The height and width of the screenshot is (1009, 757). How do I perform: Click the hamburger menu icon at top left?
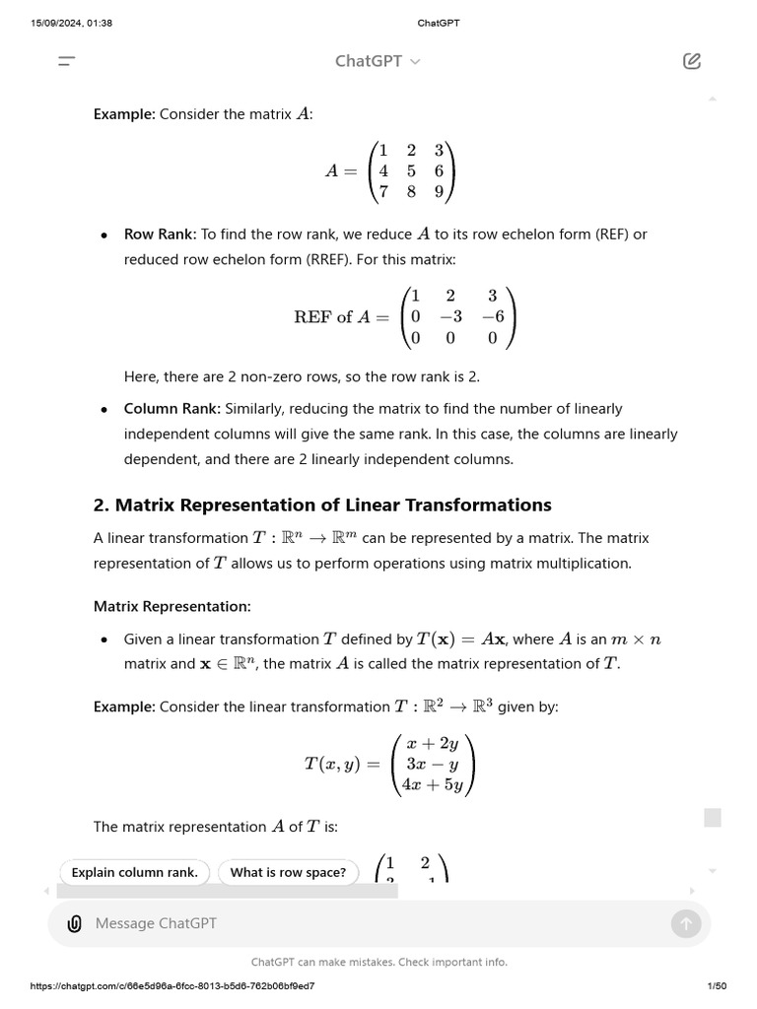click(x=67, y=61)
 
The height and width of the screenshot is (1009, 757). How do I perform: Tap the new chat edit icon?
click(x=691, y=61)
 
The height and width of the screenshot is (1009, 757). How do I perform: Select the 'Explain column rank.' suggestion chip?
click(x=135, y=872)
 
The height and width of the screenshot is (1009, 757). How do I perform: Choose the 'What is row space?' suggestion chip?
click(x=288, y=872)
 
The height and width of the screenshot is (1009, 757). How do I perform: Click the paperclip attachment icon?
click(x=74, y=923)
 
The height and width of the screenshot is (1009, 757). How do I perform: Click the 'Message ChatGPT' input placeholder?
click(x=156, y=923)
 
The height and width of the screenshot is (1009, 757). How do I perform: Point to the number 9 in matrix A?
click(x=439, y=192)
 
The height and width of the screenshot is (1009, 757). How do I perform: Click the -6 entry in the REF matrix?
click(x=493, y=316)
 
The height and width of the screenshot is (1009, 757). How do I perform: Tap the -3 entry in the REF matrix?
click(x=450, y=316)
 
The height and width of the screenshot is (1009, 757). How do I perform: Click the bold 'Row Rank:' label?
click(x=160, y=235)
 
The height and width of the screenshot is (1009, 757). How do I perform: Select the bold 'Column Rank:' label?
click(x=172, y=408)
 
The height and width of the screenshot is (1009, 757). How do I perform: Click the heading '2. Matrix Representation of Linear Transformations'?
click(x=322, y=504)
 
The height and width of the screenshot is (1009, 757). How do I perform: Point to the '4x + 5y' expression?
click(x=434, y=785)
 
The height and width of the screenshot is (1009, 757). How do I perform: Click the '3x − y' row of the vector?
click(x=434, y=764)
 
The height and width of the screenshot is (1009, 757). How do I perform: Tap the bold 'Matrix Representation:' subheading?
click(x=172, y=606)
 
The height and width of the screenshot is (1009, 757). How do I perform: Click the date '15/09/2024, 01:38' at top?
click(x=72, y=23)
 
